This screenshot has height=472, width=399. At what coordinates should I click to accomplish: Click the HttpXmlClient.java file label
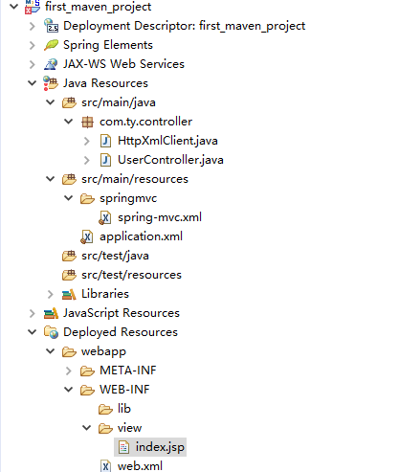(x=167, y=141)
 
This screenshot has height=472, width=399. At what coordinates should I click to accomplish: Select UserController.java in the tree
(x=170, y=160)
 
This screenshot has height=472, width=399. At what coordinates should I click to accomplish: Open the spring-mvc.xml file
(x=160, y=217)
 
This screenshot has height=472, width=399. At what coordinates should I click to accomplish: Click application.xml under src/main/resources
(x=141, y=236)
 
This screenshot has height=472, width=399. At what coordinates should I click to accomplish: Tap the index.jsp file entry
(x=160, y=447)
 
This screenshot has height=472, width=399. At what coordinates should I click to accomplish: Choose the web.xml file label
(x=140, y=466)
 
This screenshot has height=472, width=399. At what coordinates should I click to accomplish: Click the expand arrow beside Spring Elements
(x=32, y=45)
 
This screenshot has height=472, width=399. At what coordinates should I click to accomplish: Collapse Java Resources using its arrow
(x=32, y=83)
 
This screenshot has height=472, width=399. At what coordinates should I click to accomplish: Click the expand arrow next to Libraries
(x=50, y=294)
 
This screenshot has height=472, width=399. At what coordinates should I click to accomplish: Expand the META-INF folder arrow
(x=68, y=371)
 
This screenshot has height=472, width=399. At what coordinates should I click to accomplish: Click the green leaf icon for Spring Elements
(x=51, y=45)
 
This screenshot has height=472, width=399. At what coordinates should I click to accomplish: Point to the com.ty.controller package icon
(x=87, y=122)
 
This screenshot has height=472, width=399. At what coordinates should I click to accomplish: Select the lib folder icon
(x=105, y=409)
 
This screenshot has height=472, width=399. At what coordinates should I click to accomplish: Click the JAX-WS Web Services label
(x=123, y=64)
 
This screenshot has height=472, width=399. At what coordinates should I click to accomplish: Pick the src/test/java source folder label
(x=115, y=256)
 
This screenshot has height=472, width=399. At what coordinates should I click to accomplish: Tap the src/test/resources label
(x=131, y=275)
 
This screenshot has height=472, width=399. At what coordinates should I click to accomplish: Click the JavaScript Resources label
(x=122, y=313)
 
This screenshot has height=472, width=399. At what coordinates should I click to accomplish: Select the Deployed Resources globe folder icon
(x=51, y=332)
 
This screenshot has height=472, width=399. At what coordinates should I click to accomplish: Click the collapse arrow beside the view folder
(x=86, y=428)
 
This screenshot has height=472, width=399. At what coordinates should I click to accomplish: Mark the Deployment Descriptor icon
(x=51, y=26)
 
